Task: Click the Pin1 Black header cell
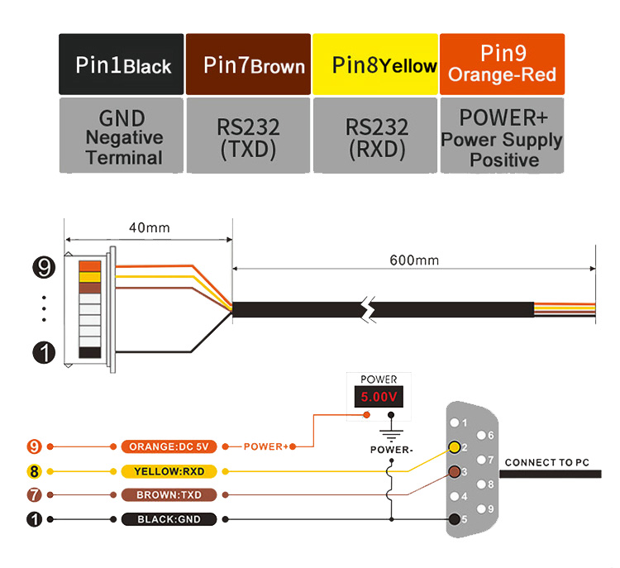pos(122,64)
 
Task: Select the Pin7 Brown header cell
pos(249,64)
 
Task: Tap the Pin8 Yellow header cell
pos(376,64)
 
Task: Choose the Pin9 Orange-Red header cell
pos(502,64)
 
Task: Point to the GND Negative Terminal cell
pos(122,136)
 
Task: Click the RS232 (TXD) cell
pos(249,136)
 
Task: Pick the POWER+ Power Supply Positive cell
pos(502,136)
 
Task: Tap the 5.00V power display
pos(379,398)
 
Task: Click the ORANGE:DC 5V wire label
pos(169,446)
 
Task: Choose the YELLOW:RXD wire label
pos(169,471)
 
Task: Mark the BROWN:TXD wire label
pos(169,495)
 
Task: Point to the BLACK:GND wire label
pos(169,519)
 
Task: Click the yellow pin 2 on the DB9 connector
pos(455,448)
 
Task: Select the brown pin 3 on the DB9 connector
pos(455,472)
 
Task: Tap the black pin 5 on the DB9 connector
pos(455,519)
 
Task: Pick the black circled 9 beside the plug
pos(43,266)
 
